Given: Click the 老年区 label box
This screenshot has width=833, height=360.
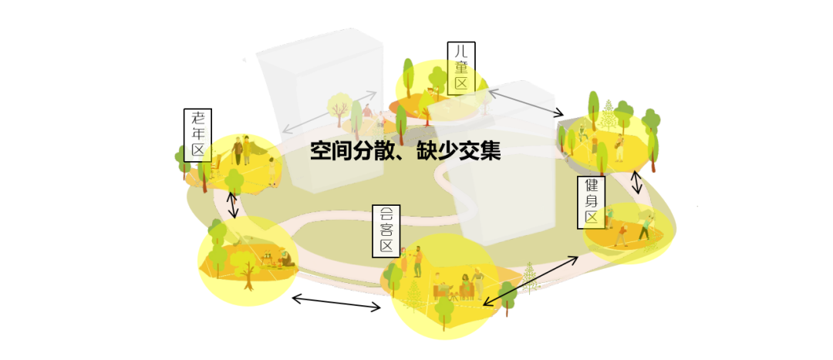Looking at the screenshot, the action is pos(199,135).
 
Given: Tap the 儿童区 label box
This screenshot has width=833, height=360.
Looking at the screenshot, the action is pos(461,69).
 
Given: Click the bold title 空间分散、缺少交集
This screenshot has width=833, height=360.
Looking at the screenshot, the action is pos(405,150).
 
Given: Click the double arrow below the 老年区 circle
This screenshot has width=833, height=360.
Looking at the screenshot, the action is pos(233,204).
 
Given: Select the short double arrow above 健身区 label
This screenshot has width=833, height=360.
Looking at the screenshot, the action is pos(637,183).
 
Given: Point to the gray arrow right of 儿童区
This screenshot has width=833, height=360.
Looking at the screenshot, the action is pos(522,103).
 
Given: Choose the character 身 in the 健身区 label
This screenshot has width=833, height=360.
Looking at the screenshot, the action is pos(592,201).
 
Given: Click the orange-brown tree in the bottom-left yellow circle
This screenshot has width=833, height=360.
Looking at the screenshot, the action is pos(248,273).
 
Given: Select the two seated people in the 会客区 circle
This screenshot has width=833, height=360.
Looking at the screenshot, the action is pos(454,287).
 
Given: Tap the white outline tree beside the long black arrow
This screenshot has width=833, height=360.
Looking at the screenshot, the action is pos(530,278).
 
